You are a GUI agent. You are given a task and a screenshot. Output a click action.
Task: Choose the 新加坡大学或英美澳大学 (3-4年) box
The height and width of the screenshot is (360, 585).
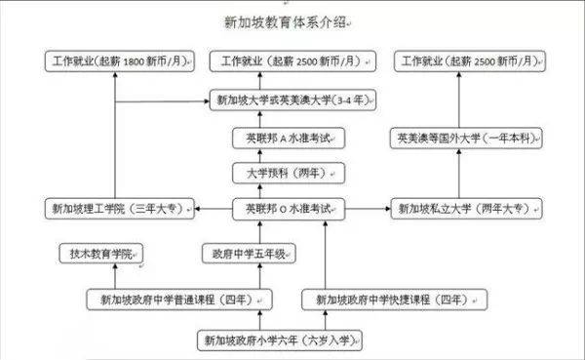[296, 100]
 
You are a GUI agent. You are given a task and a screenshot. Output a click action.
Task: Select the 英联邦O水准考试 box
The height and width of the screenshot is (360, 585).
[290, 209]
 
